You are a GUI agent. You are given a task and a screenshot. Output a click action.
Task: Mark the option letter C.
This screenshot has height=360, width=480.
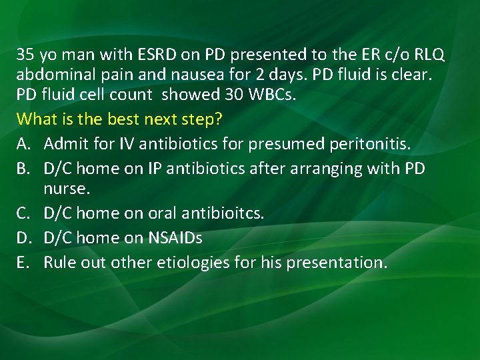pos(22,213)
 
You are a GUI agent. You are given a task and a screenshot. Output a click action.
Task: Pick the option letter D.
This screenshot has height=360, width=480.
pos(22,238)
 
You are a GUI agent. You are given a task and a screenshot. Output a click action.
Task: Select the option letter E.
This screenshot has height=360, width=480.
pos(21,263)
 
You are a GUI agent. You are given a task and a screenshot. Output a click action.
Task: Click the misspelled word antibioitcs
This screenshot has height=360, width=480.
pos(227,213)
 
